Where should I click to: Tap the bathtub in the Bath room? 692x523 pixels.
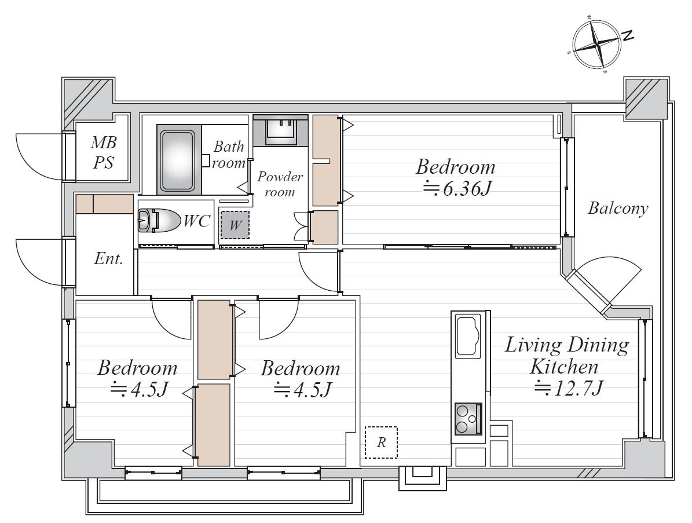(177, 160)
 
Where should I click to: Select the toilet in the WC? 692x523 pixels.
(159, 220)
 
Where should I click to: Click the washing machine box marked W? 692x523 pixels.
(235, 225)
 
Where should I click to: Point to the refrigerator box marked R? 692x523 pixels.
(381, 442)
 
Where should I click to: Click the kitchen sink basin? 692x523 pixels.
(468, 337)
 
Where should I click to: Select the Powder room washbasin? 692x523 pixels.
(280, 129)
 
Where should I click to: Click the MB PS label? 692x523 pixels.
(104, 153)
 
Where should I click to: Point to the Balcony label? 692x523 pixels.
(618, 209)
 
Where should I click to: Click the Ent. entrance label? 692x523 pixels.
(108, 258)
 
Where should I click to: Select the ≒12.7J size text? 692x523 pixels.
(569, 389)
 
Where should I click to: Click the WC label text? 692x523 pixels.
(196, 221)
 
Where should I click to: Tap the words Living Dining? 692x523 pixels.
(567, 345)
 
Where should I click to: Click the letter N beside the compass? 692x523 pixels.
(628, 36)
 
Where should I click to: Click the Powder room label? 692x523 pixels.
(280, 184)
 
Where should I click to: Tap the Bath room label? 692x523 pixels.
(229, 155)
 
